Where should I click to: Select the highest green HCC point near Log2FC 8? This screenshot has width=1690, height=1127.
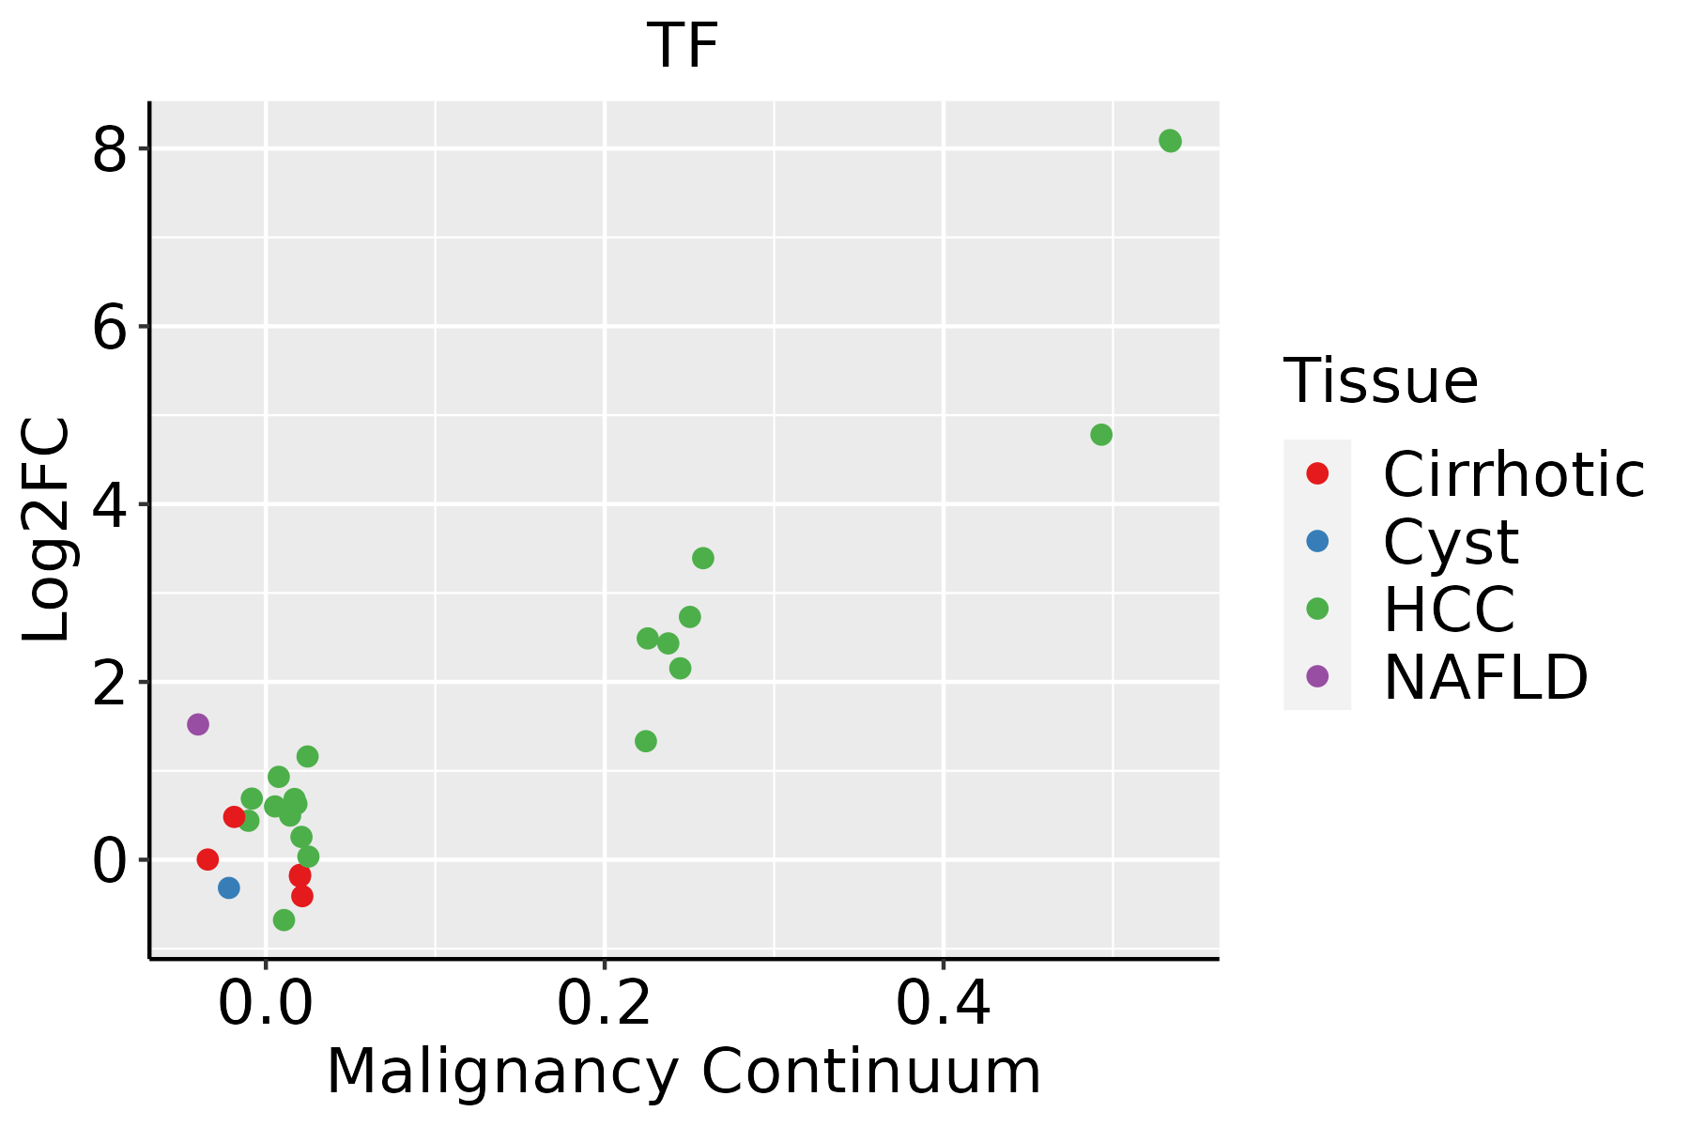[x=1170, y=141]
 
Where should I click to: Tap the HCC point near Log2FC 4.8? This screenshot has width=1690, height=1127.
[x=1101, y=435]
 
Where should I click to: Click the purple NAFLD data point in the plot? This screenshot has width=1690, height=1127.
[x=198, y=724]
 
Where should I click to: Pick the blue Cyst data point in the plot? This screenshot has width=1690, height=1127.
[x=229, y=888]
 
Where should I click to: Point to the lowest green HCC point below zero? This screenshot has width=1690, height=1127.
[x=284, y=920]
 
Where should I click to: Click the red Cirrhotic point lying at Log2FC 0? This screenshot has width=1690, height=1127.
[x=207, y=859]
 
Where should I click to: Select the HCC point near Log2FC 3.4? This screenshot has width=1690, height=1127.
[x=703, y=559]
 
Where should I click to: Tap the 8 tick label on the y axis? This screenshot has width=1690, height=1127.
[x=109, y=150]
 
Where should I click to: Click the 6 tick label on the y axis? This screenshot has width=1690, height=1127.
[x=109, y=328]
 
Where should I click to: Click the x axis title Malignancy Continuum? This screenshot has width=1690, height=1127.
[x=684, y=1073]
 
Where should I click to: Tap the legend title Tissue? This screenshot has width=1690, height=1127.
[x=1380, y=381]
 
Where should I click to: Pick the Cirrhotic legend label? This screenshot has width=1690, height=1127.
[x=1513, y=474]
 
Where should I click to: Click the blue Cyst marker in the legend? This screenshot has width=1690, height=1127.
[x=1317, y=541]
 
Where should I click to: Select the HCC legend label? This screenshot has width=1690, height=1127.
[x=1449, y=610]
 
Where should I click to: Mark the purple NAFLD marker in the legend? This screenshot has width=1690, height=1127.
[x=1317, y=676]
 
